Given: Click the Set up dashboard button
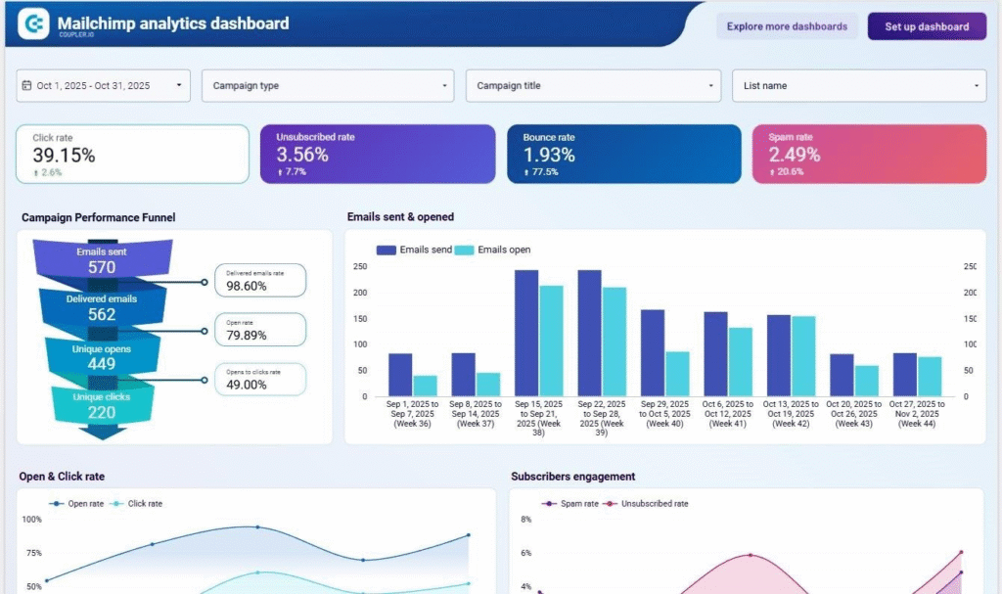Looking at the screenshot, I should coord(926,26).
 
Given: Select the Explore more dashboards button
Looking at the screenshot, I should coord(787,26).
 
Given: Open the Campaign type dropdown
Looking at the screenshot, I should coord(328,86).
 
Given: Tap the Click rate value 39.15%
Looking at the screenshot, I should coord(64,155).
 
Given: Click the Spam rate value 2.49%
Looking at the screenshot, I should coord(794,155).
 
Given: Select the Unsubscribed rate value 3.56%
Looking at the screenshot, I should coord(302,155).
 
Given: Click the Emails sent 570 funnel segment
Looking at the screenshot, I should coord(102,260).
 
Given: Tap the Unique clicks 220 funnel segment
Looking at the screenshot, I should coord(101,404).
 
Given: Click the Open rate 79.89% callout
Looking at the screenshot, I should coord(259,330).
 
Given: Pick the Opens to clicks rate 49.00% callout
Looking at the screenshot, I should coord(259,380).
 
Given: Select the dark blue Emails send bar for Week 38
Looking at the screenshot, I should coord(526,333).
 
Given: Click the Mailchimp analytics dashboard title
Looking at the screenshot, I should coord(173,23).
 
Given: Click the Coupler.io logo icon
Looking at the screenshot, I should coord(34,23).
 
